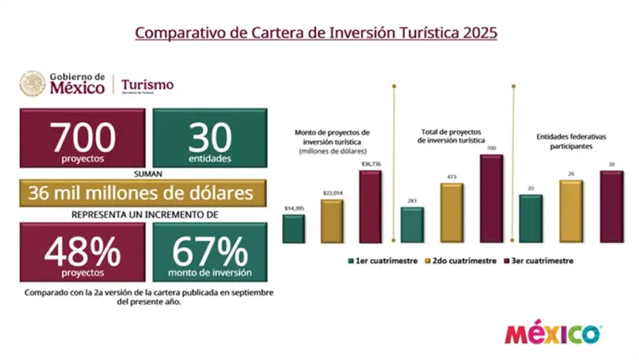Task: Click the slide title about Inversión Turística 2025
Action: [316, 33]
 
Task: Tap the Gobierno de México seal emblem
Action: [33, 84]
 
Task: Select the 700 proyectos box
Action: [82, 139]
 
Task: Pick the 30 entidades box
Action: [209, 139]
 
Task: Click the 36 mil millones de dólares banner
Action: [143, 192]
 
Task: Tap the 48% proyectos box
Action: [82, 252]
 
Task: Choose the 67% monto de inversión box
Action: [209, 252]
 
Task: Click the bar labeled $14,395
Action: [294, 228]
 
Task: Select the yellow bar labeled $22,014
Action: [332, 221]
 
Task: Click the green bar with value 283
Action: [412, 225]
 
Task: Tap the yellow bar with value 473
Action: [452, 212]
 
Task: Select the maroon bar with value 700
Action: [491, 198]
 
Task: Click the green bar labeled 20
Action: [530, 218]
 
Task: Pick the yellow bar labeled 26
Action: [571, 211]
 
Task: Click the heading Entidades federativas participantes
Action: [571, 141]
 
